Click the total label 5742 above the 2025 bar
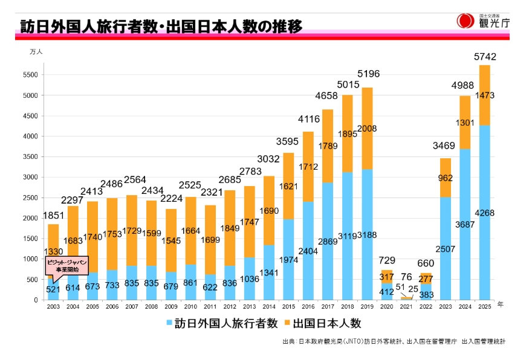pos(485,57)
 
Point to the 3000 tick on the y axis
pos(31,178)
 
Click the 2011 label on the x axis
pos(210,307)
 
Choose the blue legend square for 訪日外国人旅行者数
pos(169,324)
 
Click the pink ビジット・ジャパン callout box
pos(67,265)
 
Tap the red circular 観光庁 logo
pos(465,21)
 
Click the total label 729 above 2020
pos(386,260)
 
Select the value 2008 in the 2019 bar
pos(367,129)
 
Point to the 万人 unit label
pos(36,53)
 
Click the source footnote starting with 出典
pos(393,341)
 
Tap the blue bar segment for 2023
pos(446,254)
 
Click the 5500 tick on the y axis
pos(31,75)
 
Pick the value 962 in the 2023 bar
pos(446,178)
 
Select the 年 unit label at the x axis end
pos(500,304)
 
